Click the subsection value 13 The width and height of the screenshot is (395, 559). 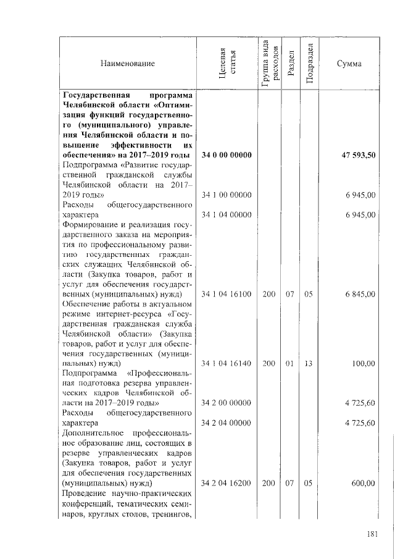(309, 364)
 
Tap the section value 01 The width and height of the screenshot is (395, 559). (289, 364)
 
